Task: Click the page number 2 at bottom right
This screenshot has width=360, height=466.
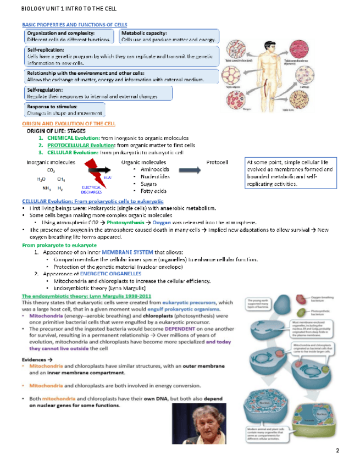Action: (x=337, y=451)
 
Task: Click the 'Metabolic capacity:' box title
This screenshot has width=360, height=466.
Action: (x=143, y=34)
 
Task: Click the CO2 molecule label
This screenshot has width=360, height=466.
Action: (x=51, y=171)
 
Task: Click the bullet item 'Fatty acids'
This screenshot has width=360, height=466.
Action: (x=153, y=191)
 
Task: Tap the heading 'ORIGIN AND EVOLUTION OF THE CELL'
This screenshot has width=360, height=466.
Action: (x=68, y=125)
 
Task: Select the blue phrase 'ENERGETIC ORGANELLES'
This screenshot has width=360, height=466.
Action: (x=99, y=273)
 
